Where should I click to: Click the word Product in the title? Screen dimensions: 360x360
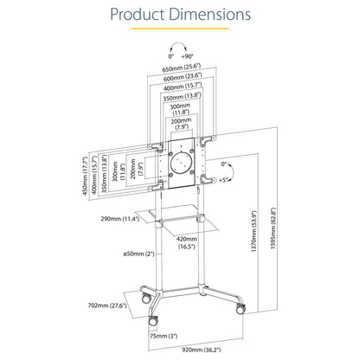138,14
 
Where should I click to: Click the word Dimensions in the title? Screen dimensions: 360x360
210,14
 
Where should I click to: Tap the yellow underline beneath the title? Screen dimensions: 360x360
180,29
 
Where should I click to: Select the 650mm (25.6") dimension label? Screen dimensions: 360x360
182,68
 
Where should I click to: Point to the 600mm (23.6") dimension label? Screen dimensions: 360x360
183,77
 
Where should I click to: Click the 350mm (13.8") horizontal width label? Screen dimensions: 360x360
182,97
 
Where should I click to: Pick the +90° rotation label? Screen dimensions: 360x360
188,56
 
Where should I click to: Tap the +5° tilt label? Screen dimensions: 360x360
223,180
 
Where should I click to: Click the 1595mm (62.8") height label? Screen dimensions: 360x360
273,228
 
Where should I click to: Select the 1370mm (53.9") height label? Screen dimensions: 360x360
254,232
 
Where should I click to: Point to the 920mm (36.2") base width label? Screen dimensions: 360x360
202,350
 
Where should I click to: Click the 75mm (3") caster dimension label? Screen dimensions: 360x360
164,336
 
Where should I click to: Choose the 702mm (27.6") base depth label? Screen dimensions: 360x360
107,305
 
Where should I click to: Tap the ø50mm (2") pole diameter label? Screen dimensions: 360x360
138,254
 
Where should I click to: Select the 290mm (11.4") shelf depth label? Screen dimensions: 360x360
120,219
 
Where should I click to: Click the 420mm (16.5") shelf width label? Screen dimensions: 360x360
187,242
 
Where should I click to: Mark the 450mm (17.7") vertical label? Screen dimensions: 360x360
85,176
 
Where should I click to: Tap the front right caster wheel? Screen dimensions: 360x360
241,309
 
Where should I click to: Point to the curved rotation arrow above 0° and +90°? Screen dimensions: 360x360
179,44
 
